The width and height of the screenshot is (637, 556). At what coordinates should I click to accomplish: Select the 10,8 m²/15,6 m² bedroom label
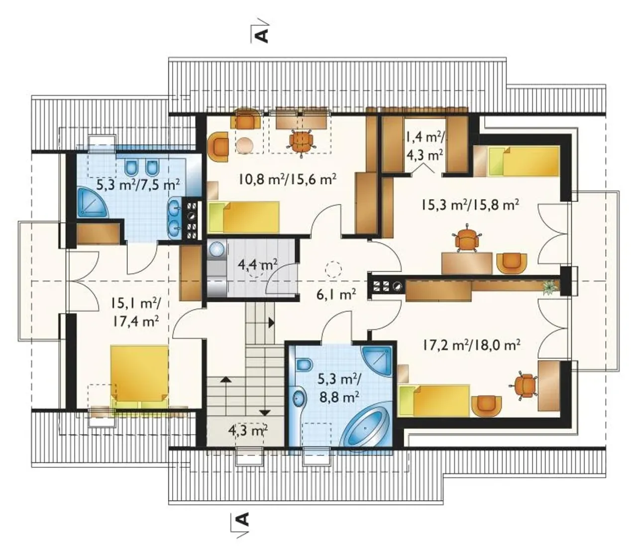tap(288, 179)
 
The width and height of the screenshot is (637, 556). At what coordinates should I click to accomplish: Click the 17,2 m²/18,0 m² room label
tap(471, 344)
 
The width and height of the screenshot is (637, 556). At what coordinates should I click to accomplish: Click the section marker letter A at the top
tap(262, 36)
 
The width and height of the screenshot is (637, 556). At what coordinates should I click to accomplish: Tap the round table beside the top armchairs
tap(245, 145)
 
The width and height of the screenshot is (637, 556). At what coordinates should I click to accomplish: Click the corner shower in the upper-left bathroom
tap(92, 202)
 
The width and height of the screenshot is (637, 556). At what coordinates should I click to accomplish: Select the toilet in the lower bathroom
tap(304, 364)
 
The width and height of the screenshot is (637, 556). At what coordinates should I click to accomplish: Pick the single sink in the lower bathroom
tap(300, 398)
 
